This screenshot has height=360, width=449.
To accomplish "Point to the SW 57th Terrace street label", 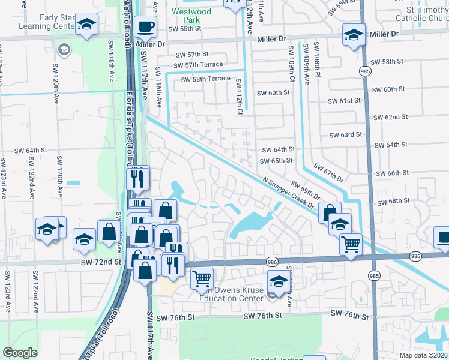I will (x=197, y=65).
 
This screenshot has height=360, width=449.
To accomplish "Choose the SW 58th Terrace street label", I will (x=205, y=79).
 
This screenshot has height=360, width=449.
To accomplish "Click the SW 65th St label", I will (x=276, y=161).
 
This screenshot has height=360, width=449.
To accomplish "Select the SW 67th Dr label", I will (x=327, y=172).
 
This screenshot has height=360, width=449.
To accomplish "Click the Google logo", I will (x=20, y=353).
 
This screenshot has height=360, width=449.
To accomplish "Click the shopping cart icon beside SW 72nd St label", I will (x=202, y=278).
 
